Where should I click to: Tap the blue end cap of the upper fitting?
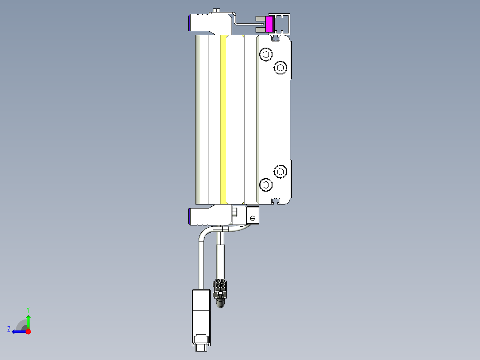tap(191, 23)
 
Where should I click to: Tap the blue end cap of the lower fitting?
tap(191, 216)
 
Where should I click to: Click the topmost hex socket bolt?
tap(266, 55)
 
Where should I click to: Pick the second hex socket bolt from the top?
tap(280, 67)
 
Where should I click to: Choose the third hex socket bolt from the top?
tap(280, 171)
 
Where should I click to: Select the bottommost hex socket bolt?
tap(266, 184)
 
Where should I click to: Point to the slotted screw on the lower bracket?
tap(253, 218)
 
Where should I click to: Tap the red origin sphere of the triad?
tap(28, 331)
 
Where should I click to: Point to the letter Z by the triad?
tap(9, 329)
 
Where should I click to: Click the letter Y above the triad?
tap(28, 309)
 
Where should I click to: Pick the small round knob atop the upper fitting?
tap(217, 10)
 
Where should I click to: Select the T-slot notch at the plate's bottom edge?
tap(276, 201)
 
